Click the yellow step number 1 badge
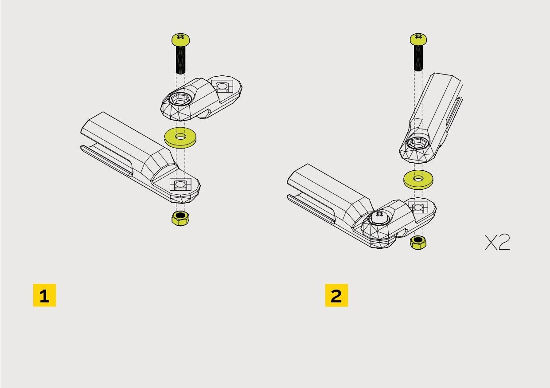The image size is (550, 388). coord(44,295)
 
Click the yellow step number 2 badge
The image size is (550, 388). coord(337,295)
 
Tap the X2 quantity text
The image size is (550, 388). coord(497,242)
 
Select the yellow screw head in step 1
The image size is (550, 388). coord(180,39)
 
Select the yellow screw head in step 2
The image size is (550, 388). coord(418,39)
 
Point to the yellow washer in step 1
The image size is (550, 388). coord(180,137)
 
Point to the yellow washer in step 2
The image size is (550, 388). coord(418,180)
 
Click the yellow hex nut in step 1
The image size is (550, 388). coord(180,218)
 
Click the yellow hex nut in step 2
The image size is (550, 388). coord(418,243)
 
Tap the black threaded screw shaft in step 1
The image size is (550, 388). coord(180,60)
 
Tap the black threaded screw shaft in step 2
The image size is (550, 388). coord(418,58)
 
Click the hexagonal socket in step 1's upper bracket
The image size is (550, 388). coord(180,99)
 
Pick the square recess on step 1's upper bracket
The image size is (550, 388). coord(222,86)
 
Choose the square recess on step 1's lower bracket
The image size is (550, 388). coord(180,184)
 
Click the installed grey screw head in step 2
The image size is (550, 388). coord(379,217)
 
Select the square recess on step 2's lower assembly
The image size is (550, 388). coord(418,208)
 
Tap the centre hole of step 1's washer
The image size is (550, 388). coord(181,137)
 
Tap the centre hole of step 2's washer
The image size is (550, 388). coord(418,178)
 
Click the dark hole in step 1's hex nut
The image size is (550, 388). coord(180,215)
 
